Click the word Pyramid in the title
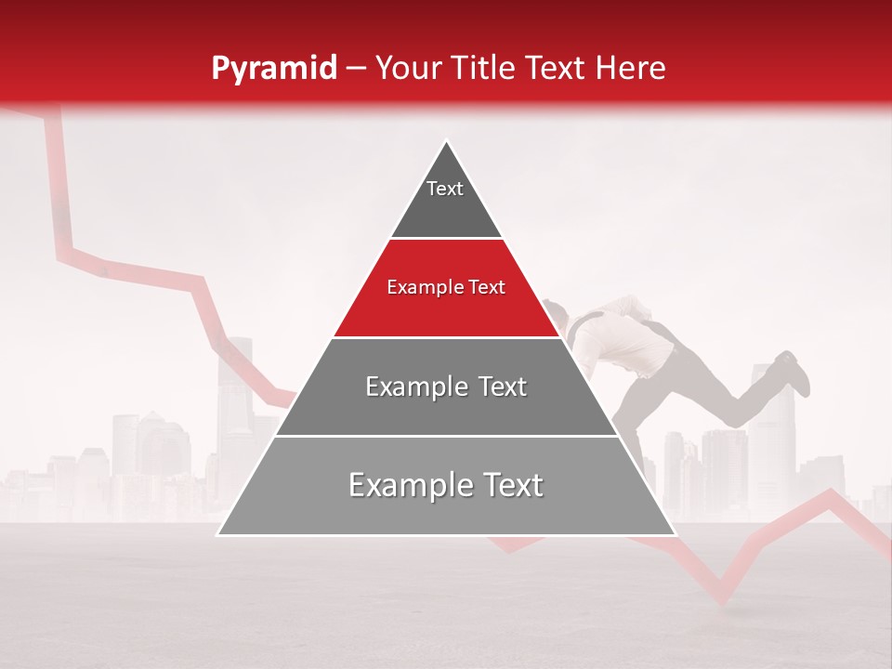click(x=273, y=68)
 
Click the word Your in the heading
click(x=407, y=68)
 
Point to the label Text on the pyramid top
click(x=445, y=189)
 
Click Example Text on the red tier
click(x=446, y=287)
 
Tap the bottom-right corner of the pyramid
click(x=675, y=534)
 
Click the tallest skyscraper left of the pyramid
click(x=235, y=390)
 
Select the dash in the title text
click(x=356, y=68)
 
